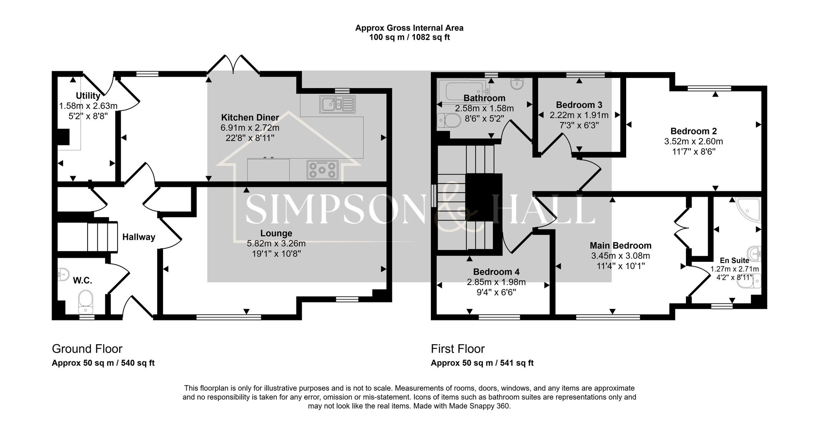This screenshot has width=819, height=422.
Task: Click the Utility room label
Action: (88, 95)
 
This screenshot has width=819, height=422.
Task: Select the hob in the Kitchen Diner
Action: (322, 170)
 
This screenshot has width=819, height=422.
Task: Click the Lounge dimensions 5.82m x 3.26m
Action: (276, 243)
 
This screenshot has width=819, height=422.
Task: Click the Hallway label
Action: (139, 237)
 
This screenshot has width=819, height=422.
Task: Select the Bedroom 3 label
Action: (579, 105)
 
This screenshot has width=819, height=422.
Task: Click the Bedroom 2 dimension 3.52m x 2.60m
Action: (693, 141)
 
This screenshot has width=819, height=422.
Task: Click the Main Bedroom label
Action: (620, 245)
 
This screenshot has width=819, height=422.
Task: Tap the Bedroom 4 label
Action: (496, 272)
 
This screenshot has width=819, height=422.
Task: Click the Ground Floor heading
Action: (87, 349)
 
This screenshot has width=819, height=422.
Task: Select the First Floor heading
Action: (457, 349)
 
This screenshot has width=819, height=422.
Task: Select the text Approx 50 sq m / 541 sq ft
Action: (482, 363)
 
